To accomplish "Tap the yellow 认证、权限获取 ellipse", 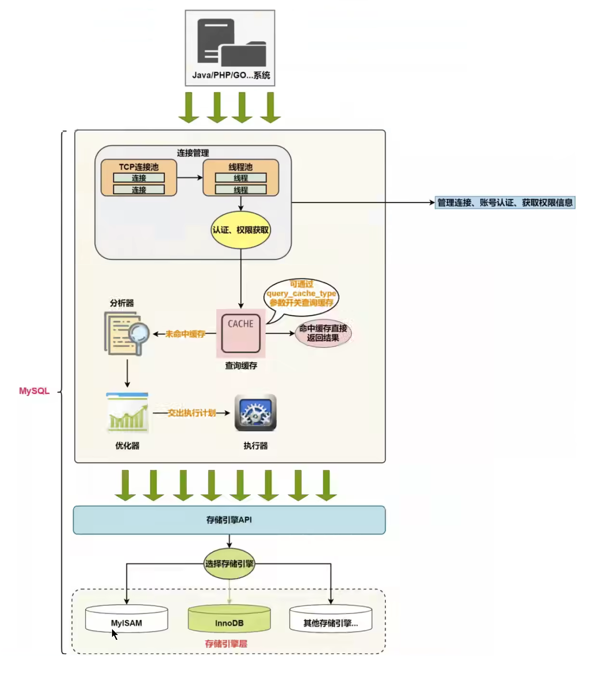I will (x=241, y=230).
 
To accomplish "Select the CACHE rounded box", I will (x=241, y=333).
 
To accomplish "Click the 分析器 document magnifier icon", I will (x=126, y=333).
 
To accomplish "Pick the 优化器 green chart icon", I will (x=127, y=412).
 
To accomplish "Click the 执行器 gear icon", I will (x=256, y=412).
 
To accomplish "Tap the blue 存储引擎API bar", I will (x=229, y=520).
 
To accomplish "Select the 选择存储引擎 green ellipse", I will (x=229, y=564).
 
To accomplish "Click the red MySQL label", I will (x=34, y=391).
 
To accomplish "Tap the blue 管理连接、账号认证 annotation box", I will (x=505, y=203).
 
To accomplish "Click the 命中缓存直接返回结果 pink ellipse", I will (x=323, y=333).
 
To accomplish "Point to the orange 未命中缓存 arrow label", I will (x=185, y=334).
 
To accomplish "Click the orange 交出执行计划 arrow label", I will (x=191, y=413).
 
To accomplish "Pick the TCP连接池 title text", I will (x=139, y=167).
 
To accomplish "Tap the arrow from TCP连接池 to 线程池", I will (x=190, y=178).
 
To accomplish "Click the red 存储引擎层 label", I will (x=226, y=644).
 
